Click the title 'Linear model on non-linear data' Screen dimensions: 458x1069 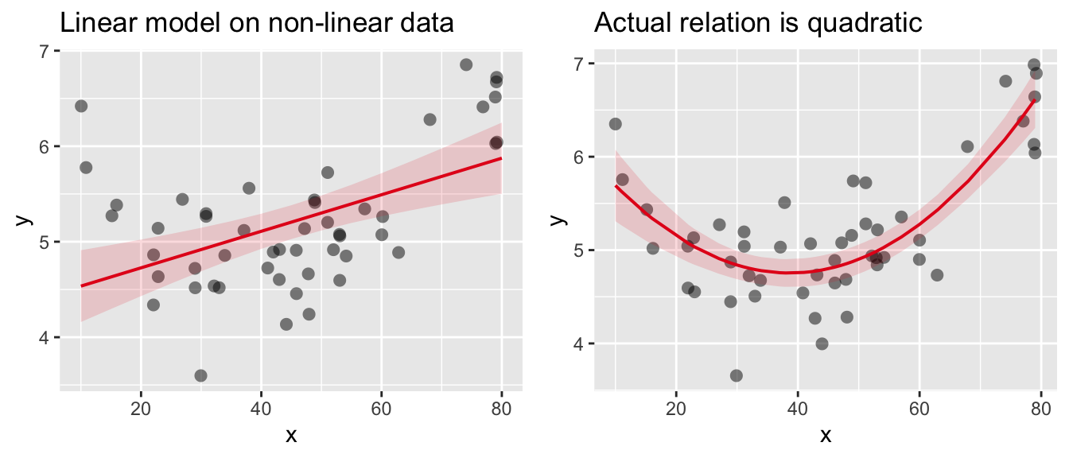click(257, 23)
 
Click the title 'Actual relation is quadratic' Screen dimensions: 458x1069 click(758, 23)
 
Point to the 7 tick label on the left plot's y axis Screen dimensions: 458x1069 click(45, 52)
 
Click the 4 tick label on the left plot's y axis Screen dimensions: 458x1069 click(45, 338)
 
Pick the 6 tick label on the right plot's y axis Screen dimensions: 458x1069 click(579, 157)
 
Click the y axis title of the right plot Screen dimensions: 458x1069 click(559, 218)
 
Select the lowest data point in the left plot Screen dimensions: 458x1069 click(200, 375)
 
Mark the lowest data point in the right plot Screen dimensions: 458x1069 click(737, 375)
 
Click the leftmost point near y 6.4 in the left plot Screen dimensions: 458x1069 click(80, 106)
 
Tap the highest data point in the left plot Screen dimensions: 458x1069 click(466, 64)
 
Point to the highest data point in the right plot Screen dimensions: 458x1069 click(1034, 65)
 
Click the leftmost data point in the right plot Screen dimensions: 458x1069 click(615, 123)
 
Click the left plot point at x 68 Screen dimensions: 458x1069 click(430, 119)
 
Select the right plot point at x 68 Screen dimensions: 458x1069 click(967, 146)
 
